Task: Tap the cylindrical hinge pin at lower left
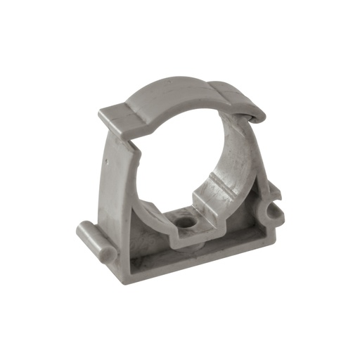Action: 91,234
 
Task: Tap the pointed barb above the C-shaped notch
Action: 274,190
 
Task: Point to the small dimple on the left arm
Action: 105,160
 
